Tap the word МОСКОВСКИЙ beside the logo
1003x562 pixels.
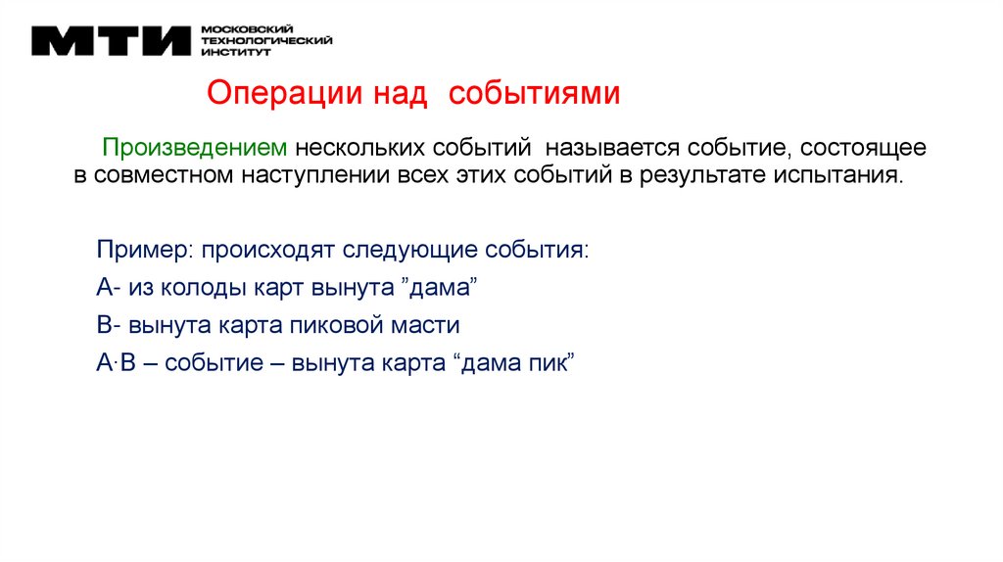[236, 29]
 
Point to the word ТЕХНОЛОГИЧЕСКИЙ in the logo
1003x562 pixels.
[265, 41]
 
